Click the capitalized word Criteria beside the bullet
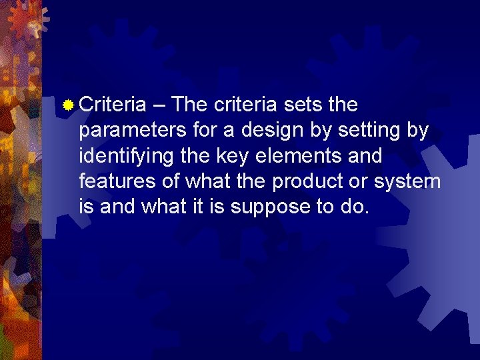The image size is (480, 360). [112, 105]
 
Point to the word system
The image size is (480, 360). [411, 182]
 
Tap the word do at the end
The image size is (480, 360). [354, 207]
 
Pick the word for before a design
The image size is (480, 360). [205, 130]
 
